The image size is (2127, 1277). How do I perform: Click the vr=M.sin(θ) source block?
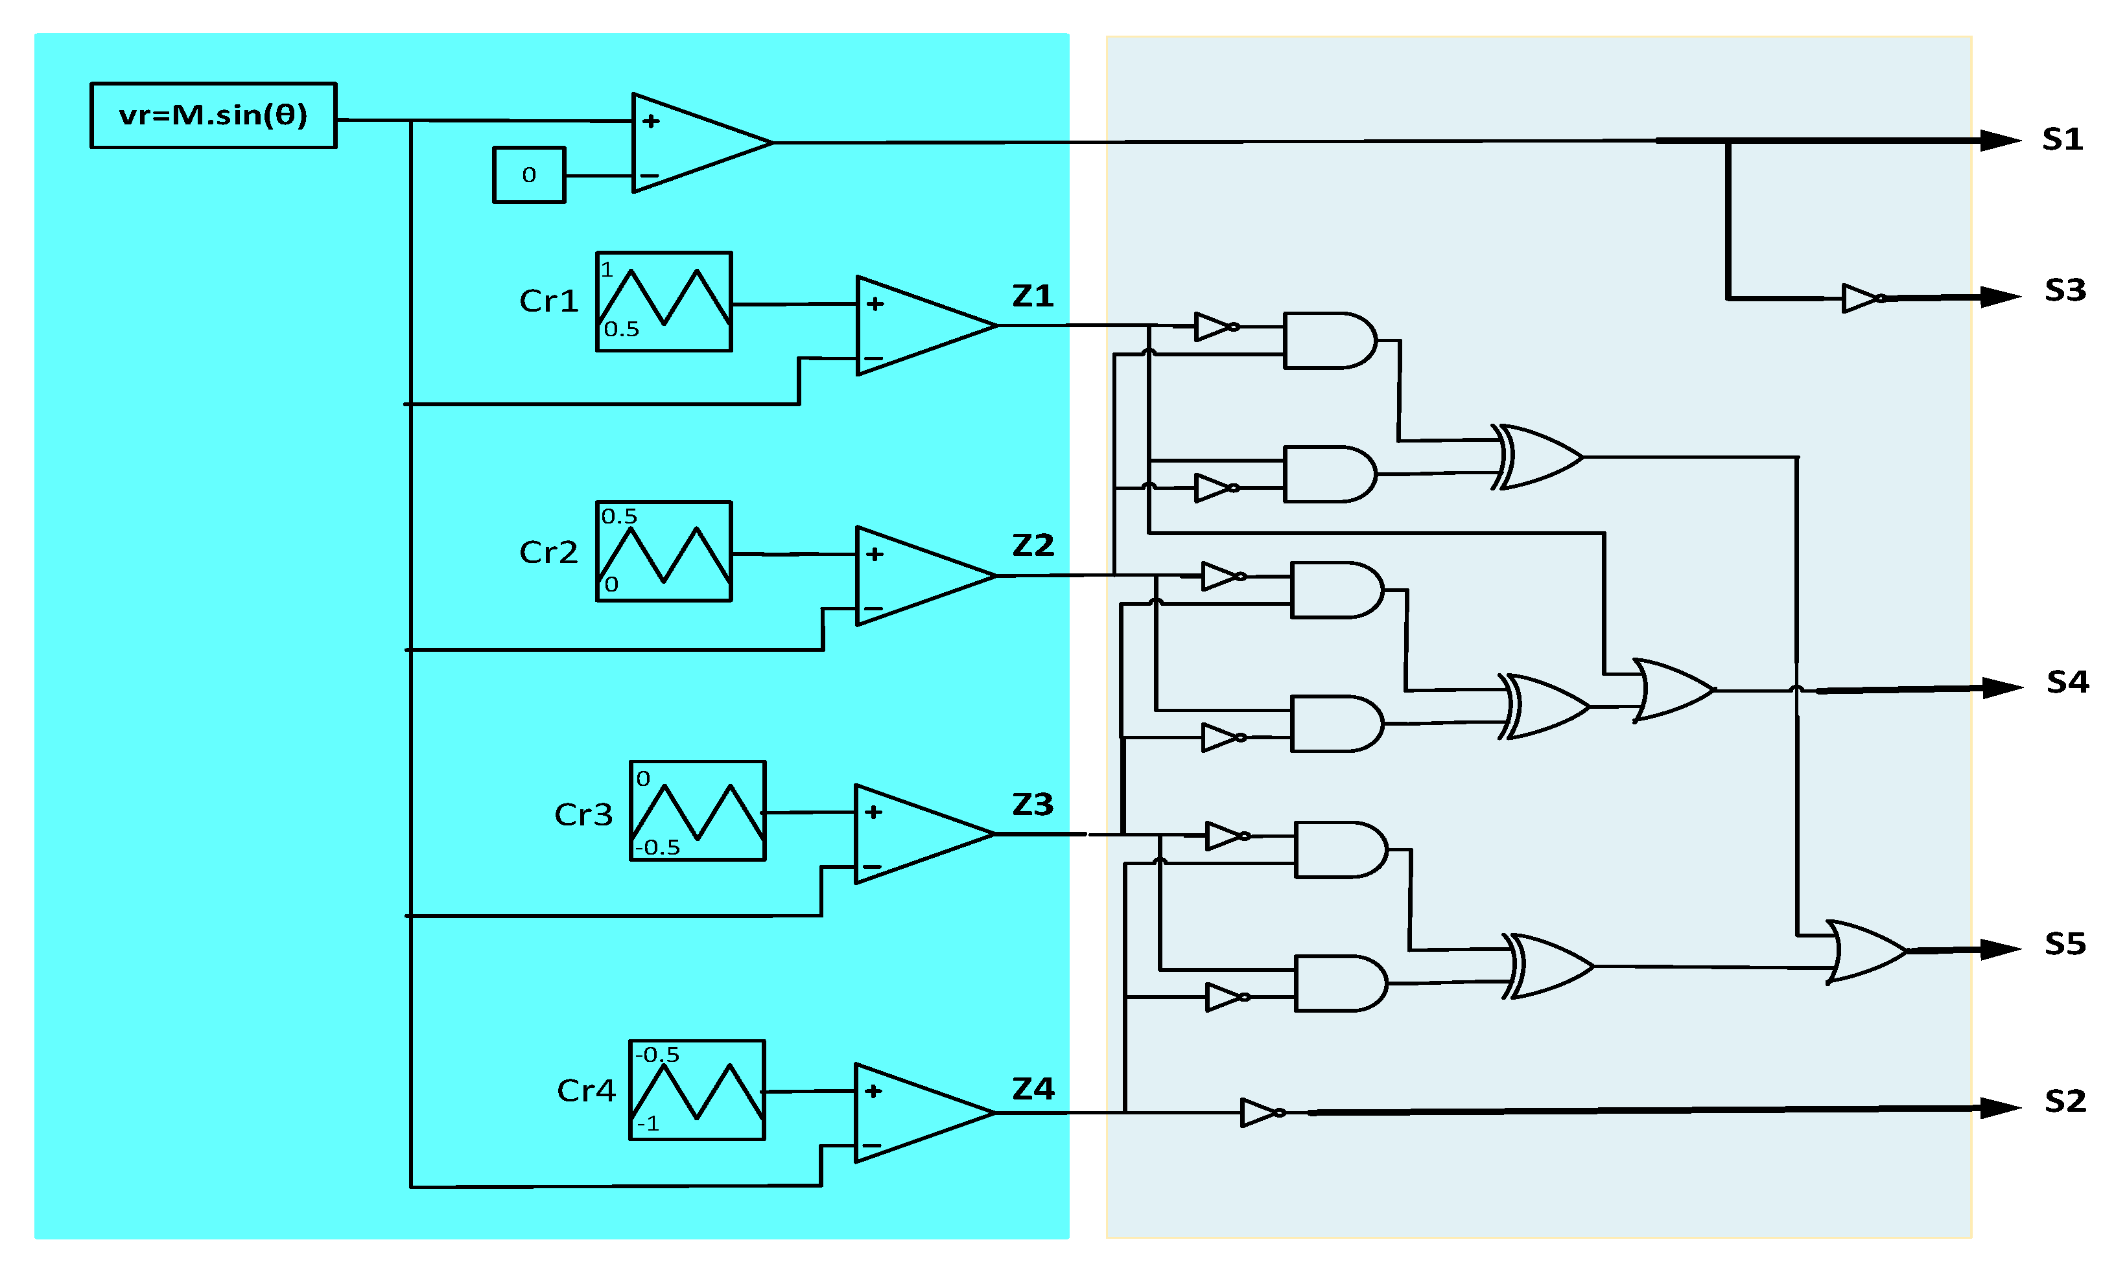213,115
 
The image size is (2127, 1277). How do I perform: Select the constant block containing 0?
528,175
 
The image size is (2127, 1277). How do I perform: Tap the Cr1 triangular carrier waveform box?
664,301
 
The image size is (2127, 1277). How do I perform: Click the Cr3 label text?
583,814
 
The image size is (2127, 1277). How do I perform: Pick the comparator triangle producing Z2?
917,576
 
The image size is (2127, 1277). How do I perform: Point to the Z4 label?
1032,1088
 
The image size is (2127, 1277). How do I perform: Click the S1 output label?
2062,139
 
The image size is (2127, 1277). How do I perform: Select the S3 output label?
2065,290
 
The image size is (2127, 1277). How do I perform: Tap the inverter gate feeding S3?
1861,299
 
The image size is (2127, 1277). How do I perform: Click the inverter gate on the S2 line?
1260,1112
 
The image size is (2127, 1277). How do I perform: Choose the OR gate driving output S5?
1864,951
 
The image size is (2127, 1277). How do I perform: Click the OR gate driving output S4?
1672,690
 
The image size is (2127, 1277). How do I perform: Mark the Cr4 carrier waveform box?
696,1090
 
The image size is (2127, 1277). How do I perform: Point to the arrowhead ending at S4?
2001,687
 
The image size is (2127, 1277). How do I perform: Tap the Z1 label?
1032,296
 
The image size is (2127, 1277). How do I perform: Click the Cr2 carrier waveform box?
664,551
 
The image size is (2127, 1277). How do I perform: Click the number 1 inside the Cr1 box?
607,270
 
